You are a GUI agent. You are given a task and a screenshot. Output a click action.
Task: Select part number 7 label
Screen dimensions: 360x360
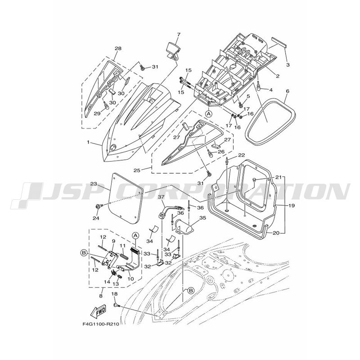(x=179, y=35)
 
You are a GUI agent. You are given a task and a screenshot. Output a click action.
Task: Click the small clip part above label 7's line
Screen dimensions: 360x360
(x=173, y=50)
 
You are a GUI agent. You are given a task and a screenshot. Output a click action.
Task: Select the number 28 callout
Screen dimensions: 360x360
(x=118, y=49)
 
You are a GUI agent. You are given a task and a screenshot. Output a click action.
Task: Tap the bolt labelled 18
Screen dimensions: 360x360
(x=116, y=305)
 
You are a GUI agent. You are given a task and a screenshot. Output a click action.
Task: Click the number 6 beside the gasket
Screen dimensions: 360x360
(x=288, y=91)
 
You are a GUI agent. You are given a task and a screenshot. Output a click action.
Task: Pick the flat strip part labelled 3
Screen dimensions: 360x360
(x=279, y=42)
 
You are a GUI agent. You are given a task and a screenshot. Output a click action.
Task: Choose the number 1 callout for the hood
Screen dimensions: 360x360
(x=88, y=142)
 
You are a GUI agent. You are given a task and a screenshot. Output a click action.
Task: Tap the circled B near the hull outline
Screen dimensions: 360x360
(x=190, y=290)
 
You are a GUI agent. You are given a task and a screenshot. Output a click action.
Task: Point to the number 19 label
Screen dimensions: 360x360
(x=291, y=206)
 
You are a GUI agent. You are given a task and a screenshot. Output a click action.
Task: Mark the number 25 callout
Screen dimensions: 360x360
(x=137, y=171)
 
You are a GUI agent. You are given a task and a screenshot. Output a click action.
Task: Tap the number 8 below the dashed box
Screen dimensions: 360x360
(x=101, y=296)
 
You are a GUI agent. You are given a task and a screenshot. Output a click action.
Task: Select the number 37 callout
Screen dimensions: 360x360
(x=161, y=197)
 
